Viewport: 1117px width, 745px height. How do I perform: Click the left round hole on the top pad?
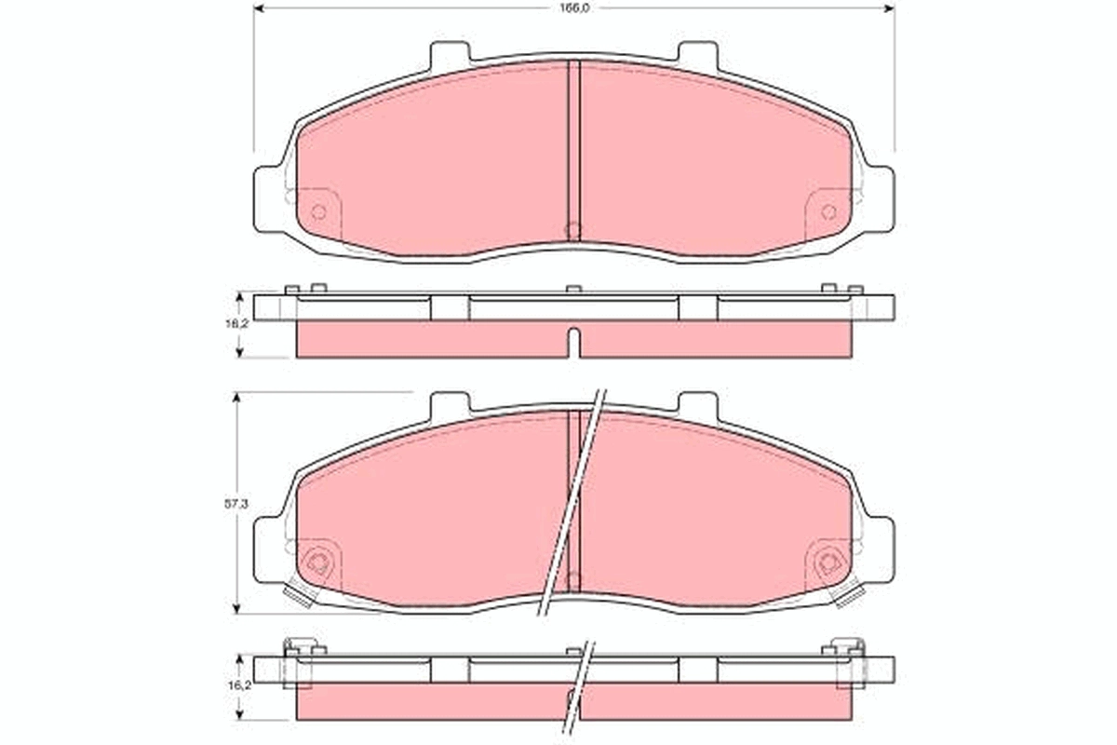[x=318, y=211]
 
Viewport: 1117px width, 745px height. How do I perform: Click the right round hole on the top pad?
[x=828, y=211]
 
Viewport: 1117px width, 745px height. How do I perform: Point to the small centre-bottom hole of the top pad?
[x=573, y=229]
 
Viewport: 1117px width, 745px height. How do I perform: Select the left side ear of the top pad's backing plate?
[x=267, y=197]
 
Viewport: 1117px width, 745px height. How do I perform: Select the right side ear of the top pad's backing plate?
[x=879, y=197]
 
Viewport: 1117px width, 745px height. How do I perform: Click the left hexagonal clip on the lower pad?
[x=316, y=562]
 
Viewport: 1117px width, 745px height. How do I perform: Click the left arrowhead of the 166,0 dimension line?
[x=259, y=7]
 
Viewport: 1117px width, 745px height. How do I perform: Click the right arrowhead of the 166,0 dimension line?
[x=888, y=7]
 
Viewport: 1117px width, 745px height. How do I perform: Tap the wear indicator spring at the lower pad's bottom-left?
[x=300, y=594]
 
